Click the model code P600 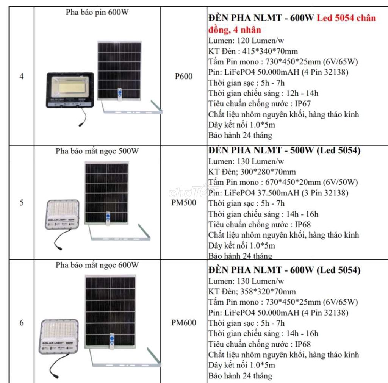click(184, 76)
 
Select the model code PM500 click(184, 202)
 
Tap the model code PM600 click(184, 323)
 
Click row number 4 click(22, 76)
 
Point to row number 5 click(22, 202)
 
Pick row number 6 click(22, 323)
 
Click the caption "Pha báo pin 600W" click(97, 13)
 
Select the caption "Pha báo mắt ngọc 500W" click(97, 151)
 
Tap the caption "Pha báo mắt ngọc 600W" click(97, 265)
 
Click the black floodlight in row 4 click(70, 90)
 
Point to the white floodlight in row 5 click(63, 214)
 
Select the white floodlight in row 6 click(59, 336)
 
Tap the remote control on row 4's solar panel click(120, 94)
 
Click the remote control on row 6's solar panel click(112, 341)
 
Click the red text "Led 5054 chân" click(346, 18)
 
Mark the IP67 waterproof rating click(303, 104)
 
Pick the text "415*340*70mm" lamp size click(270, 51)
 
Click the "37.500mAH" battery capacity click(278, 193)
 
